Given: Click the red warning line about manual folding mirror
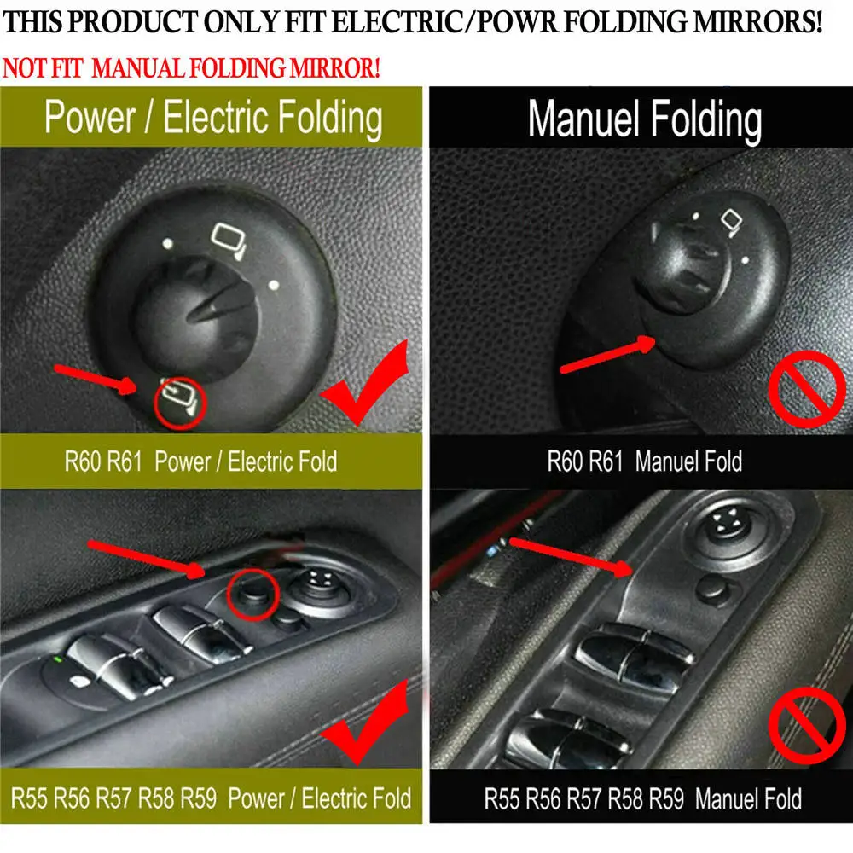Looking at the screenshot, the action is (191, 68).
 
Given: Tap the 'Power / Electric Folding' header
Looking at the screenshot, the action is (213, 118).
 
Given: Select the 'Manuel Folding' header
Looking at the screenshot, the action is (645, 119).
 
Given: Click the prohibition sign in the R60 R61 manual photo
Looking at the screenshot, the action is (807, 388).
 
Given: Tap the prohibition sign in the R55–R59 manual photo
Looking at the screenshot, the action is (807, 725).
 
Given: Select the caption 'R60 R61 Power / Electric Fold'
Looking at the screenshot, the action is (200, 461).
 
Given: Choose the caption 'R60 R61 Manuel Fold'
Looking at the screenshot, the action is (645, 461).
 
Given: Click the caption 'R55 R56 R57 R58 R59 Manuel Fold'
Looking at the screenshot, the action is (643, 798).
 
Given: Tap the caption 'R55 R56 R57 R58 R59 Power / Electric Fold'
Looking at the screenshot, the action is (211, 798).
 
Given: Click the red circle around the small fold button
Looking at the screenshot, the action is (253, 595).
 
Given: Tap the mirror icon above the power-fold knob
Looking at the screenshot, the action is (229, 240).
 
